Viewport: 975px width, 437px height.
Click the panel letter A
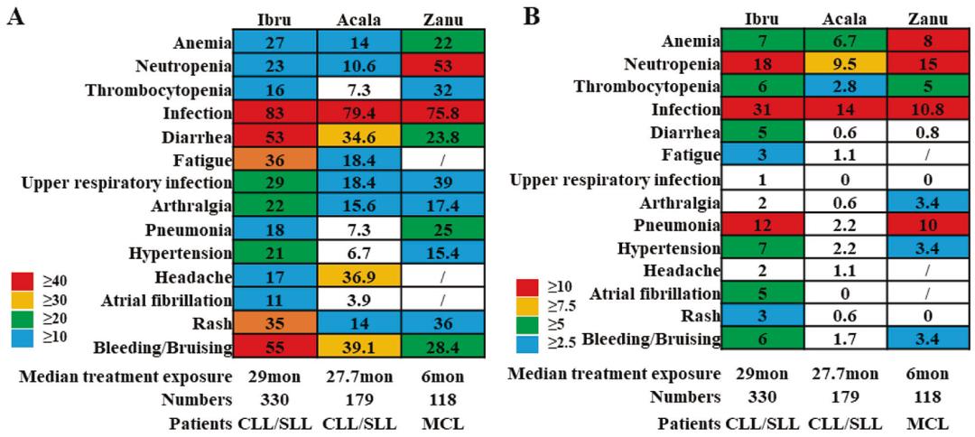15,17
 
